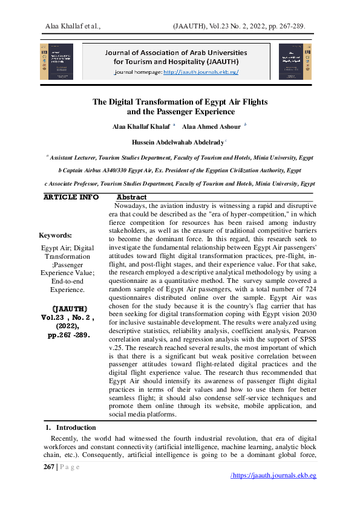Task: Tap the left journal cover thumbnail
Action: [x=56, y=61]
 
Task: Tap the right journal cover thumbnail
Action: [x=295, y=61]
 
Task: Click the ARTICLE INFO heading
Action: [x=71, y=197]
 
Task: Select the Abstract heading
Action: [x=131, y=197]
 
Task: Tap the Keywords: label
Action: [x=55, y=235]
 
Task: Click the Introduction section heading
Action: [x=80, y=427]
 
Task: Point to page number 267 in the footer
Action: [x=48, y=467]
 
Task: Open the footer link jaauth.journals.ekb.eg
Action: [x=275, y=476]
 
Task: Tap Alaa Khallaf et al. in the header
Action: [x=73, y=26]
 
